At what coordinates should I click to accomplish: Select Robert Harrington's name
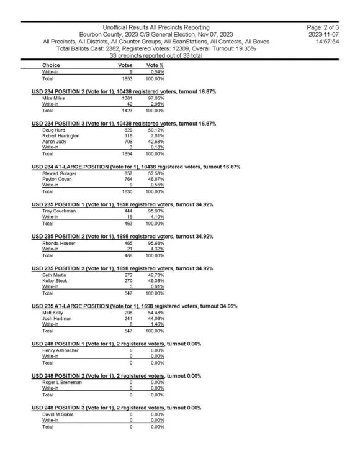(61, 135)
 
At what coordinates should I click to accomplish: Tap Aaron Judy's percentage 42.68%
(155, 141)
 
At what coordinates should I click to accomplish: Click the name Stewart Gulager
(60, 173)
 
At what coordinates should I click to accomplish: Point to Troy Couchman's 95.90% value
(155, 212)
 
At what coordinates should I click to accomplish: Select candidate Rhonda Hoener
(58, 244)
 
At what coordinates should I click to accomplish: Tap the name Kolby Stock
(55, 281)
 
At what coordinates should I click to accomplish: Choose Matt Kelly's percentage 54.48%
(155, 313)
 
